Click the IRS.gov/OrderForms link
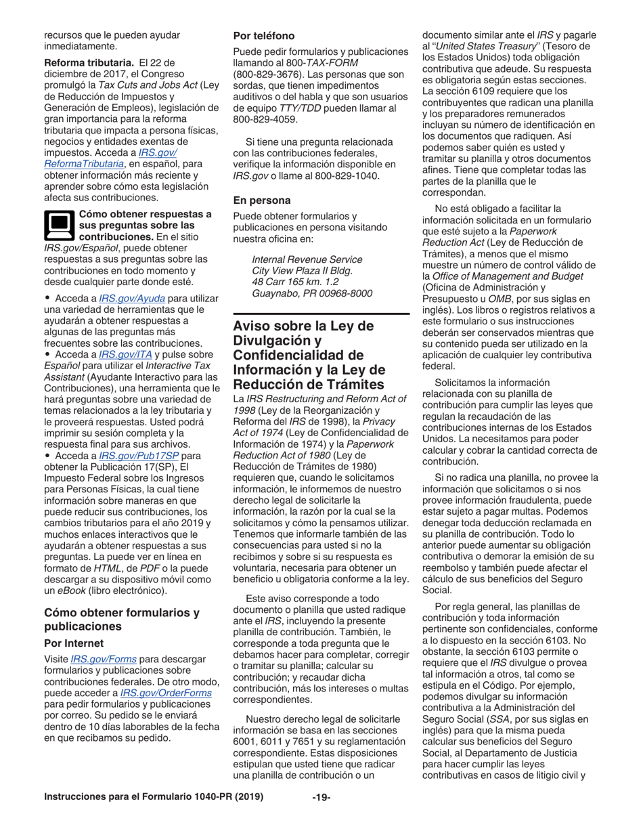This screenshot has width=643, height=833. click(166, 693)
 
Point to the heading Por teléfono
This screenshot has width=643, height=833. click(264, 35)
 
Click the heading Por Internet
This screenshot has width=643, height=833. click(73, 642)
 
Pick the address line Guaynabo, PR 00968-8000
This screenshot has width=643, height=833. click(312, 293)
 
